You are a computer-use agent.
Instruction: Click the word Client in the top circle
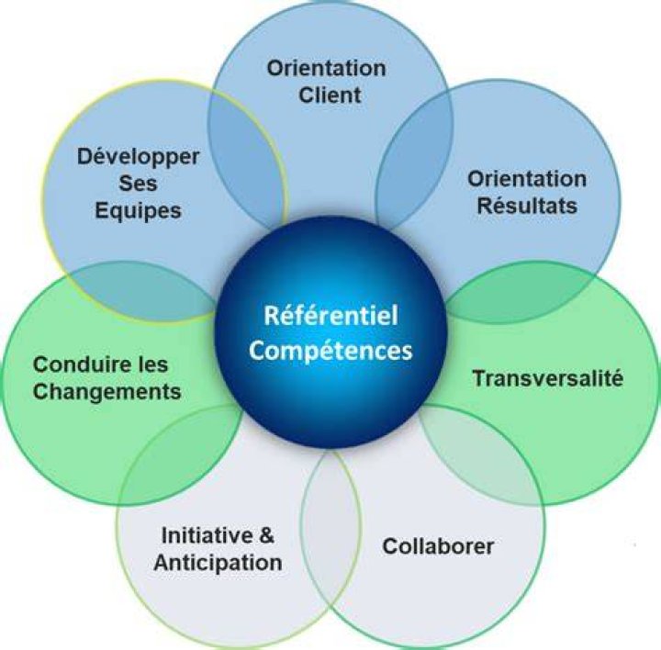[330, 95]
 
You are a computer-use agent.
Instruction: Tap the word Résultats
[527, 207]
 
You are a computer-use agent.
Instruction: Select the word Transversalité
[547, 377]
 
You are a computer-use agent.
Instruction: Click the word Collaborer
[438, 546]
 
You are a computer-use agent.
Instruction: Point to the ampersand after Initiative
[266, 535]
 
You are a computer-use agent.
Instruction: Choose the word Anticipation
[218, 563]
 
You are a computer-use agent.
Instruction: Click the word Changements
[107, 392]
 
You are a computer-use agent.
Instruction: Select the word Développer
[138, 157]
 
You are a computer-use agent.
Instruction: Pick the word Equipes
[138, 211]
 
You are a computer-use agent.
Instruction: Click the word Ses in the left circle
[138, 184]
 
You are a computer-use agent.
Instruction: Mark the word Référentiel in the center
[330, 315]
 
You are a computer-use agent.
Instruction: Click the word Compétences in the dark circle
[330, 351]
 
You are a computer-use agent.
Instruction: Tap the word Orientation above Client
[326, 68]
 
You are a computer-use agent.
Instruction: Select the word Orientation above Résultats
[527, 179]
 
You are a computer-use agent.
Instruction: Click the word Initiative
[207, 535]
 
